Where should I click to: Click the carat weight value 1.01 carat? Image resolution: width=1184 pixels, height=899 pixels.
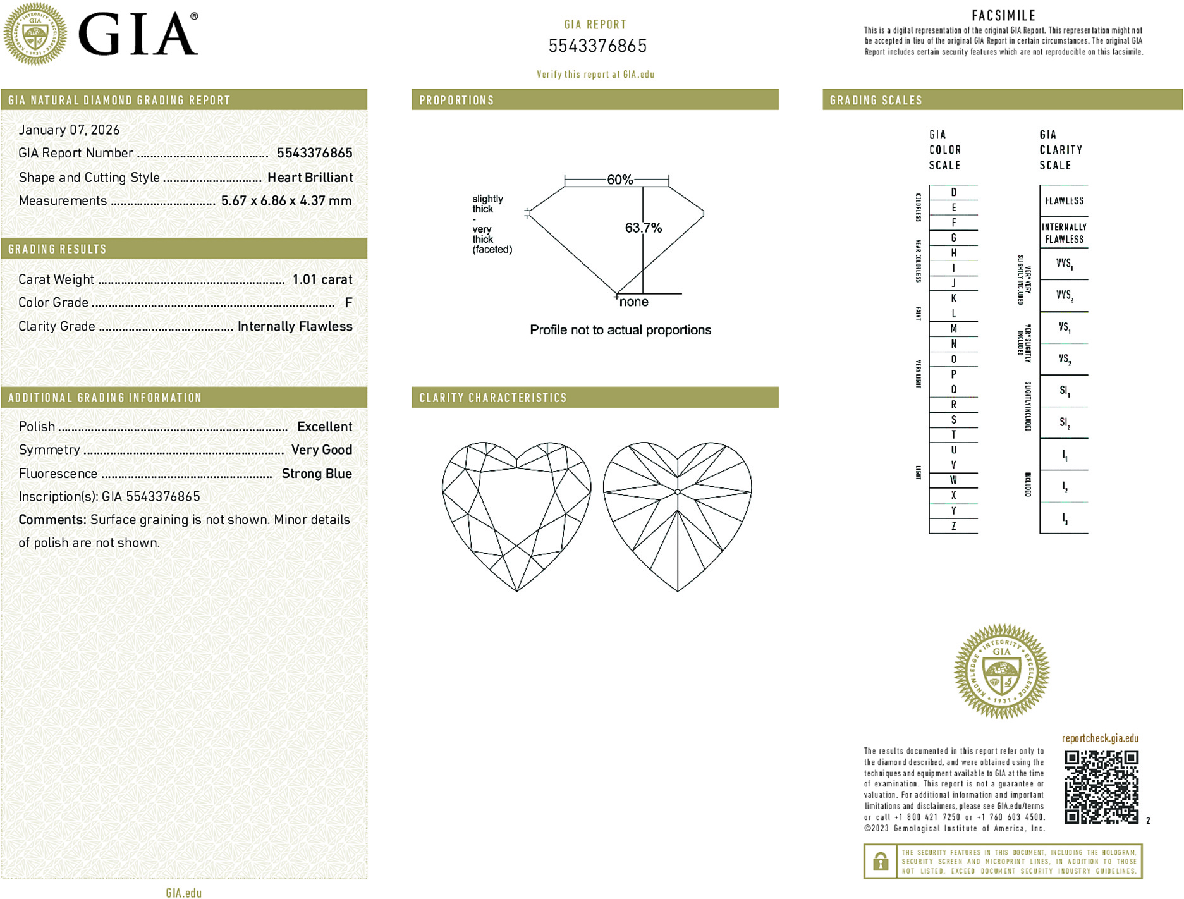(322, 279)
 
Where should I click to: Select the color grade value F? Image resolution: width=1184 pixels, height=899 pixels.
(348, 303)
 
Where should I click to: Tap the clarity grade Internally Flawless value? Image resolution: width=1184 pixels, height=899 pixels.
(295, 326)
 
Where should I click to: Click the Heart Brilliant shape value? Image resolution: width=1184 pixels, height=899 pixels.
(310, 178)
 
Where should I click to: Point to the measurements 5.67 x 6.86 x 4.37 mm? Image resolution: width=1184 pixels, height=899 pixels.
(286, 201)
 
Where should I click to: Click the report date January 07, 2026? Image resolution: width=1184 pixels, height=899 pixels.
(69, 130)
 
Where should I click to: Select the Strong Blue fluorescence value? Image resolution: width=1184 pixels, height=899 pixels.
(317, 474)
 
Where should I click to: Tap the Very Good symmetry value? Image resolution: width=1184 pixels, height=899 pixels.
(322, 449)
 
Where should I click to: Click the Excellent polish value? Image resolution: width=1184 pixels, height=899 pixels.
(324, 427)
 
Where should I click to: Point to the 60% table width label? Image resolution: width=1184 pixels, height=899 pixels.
(619, 180)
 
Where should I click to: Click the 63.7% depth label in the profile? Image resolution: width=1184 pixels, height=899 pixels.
(644, 228)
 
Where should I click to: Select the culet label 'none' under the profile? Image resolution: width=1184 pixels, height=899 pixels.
(634, 302)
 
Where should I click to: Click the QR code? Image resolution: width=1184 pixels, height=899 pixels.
(1101, 787)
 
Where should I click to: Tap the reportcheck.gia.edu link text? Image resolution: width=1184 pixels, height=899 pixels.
(1100, 738)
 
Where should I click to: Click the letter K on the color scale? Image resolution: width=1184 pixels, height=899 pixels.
(953, 298)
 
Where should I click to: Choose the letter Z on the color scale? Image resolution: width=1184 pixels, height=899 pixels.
(953, 526)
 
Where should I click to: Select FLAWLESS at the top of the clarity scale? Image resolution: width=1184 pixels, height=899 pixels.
(1064, 201)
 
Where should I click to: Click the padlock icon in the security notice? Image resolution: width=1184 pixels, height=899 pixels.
(880, 861)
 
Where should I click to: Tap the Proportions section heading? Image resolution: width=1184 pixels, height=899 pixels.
(456, 101)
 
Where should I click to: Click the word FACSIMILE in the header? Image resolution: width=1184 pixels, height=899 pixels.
(1003, 16)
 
